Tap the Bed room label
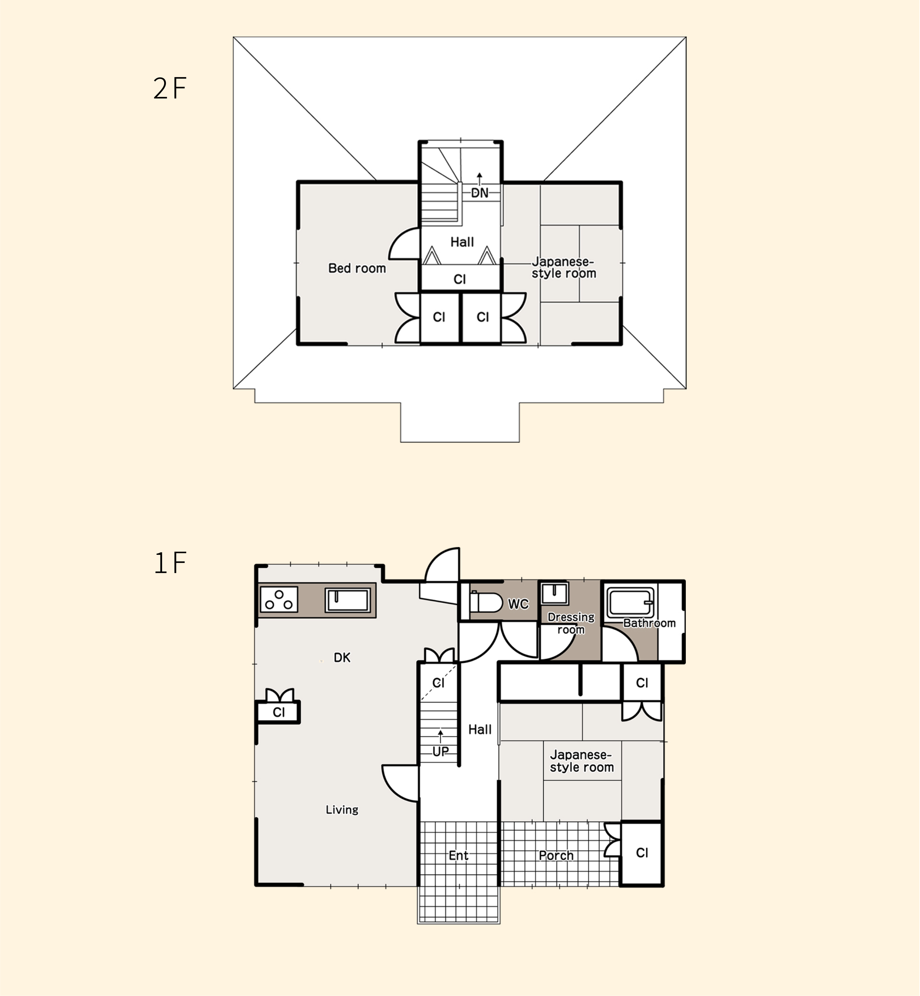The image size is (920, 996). pyautogui.click(x=357, y=268)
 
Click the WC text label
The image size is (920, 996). pyautogui.click(x=518, y=604)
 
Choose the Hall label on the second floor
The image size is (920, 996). pyautogui.click(x=462, y=242)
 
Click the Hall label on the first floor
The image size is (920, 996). pyautogui.click(x=480, y=729)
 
